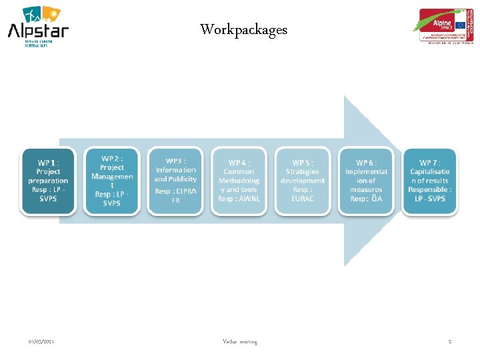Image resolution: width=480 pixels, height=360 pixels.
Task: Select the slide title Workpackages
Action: pyautogui.click(x=243, y=30)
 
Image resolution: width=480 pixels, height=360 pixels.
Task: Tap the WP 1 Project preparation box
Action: pyautogui.click(x=48, y=181)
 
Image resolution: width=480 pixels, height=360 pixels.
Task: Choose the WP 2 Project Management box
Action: pyautogui.click(x=112, y=181)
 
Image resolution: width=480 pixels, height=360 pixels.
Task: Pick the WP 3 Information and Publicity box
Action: pyautogui.click(x=175, y=181)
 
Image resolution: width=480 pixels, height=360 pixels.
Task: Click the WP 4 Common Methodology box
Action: pyautogui.click(x=239, y=181)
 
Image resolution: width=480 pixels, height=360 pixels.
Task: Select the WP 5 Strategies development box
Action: pyautogui.click(x=302, y=181)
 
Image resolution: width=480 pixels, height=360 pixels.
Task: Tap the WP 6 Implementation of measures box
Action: pyautogui.click(x=366, y=181)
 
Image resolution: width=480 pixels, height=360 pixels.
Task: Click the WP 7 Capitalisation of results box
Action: pyautogui.click(x=430, y=181)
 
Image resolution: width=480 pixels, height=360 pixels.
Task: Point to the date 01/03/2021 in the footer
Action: pyautogui.click(x=41, y=342)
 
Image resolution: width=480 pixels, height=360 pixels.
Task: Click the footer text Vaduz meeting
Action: pyautogui.click(x=240, y=342)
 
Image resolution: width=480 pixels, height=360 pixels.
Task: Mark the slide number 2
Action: pyautogui.click(x=450, y=342)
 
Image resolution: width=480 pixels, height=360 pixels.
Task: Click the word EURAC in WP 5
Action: pyautogui.click(x=302, y=199)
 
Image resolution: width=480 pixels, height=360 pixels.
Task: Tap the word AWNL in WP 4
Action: pyautogui.click(x=248, y=199)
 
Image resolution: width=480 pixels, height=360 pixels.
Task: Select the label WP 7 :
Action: pyautogui.click(x=430, y=163)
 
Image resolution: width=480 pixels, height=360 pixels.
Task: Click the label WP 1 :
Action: pyautogui.click(x=48, y=163)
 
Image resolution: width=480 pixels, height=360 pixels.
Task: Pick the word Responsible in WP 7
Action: pyautogui.click(x=427, y=189)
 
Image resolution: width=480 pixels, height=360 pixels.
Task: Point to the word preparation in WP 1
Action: pyautogui.click(x=48, y=181)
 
